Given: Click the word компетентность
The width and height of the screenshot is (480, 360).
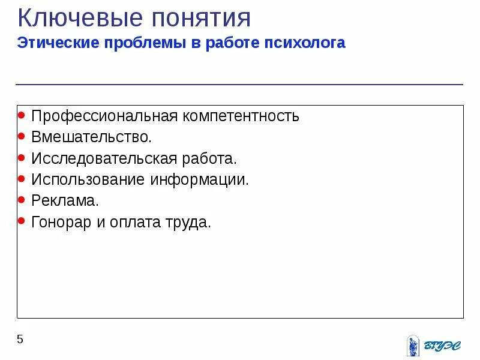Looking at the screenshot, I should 243,115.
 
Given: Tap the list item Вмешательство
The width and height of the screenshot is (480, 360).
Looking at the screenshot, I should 92,137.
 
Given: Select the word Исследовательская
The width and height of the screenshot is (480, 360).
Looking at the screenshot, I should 103,158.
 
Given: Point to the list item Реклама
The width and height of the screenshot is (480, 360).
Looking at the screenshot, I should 65,201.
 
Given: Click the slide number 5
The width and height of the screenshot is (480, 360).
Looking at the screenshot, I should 20,340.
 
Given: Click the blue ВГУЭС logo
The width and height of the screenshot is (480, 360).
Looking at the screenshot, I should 433,346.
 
